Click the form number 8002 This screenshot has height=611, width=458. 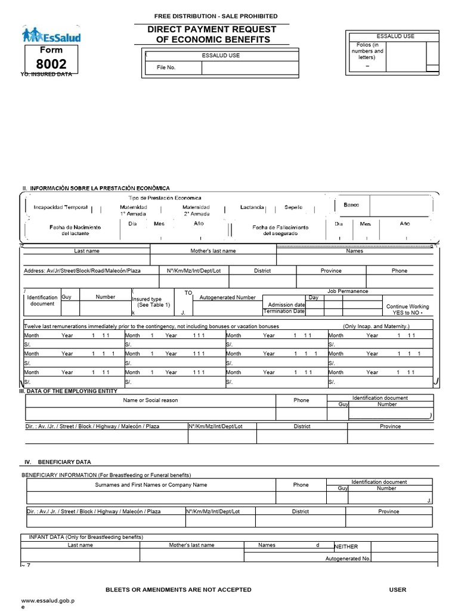[51, 64]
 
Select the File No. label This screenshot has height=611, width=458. [166, 67]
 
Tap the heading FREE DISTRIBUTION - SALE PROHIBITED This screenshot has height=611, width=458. [215, 16]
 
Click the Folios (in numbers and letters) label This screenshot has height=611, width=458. [367, 51]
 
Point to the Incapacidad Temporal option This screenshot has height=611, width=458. [60, 208]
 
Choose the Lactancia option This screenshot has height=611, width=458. [252, 208]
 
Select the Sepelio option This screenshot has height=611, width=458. [293, 208]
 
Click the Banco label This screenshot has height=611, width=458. [351, 205]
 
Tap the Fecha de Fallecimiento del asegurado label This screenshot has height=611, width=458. [280, 230]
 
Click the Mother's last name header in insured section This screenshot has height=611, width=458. [213, 251]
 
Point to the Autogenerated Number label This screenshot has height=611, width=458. [227, 297]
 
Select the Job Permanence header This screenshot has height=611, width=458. [348, 291]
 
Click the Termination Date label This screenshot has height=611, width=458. [284, 311]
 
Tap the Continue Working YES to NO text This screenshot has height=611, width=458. [407, 310]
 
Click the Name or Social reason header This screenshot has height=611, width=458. [150, 400]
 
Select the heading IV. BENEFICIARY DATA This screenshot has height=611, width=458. [57, 462]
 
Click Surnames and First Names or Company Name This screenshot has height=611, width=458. [151, 485]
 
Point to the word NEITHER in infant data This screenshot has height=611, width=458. [346, 547]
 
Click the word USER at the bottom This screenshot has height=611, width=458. [397, 590]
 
